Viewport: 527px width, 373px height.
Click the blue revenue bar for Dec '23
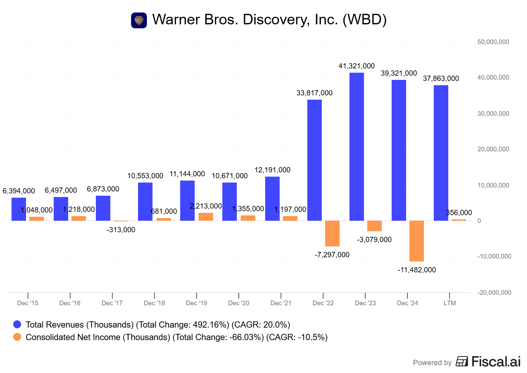[x=356, y=146]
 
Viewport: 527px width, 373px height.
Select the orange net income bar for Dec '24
[x=416, y=241]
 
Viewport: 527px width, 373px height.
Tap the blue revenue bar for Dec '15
[x=19, y=209]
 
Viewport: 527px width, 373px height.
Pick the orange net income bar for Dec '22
[x=332, y=233]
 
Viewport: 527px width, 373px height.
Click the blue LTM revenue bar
[x=441, y=153]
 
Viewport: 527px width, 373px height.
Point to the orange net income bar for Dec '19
[x=206, y=216]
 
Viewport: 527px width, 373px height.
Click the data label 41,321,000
[x=356, y=66]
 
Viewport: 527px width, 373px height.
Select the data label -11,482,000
[x=416, y=270]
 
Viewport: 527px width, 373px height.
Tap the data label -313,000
[x=121, y=230]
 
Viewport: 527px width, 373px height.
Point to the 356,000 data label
[x=459, y=213]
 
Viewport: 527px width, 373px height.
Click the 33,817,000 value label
[x=314, y=93]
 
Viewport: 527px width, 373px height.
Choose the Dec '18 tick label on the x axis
[x=154, y=303]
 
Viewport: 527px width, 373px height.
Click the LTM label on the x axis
[x=450, y=303]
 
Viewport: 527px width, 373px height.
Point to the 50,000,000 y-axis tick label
[x=493, y=42]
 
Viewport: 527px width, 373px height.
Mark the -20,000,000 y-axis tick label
[x=494, y=292]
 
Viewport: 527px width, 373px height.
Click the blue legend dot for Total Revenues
[x=17, y=325]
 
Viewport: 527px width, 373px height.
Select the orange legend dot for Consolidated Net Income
[x=17, y=337]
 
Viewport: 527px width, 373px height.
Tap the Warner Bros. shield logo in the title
[x=139, y=20]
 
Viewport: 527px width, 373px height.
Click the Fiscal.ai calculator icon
[x=462, y=361]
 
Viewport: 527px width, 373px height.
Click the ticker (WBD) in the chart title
[x=365, y=20]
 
